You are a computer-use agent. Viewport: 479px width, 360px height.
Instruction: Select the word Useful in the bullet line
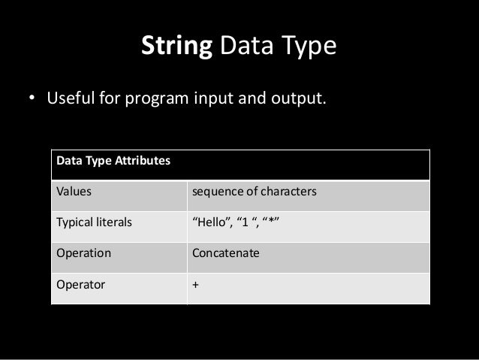[71, 98]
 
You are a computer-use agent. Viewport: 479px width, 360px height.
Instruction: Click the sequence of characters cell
[255, 192]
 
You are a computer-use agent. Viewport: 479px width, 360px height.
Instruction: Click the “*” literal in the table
[271, 222]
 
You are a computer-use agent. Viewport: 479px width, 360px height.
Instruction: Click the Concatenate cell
[226, 253]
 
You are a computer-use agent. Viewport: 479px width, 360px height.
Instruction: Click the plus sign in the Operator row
[196, 285]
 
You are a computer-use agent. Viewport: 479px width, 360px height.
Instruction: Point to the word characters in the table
[289, 192]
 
